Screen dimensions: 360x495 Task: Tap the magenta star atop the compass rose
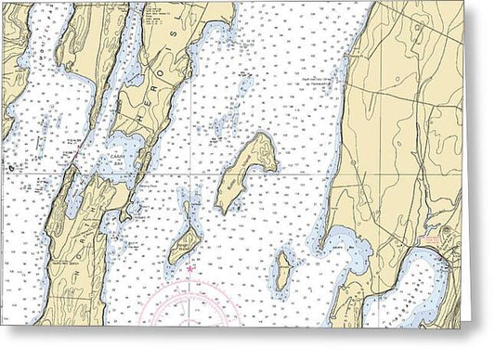(x=189, y=269)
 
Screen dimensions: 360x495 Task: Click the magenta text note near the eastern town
(x=435, y=240)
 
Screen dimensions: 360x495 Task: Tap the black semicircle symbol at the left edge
(x=11, y=168)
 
